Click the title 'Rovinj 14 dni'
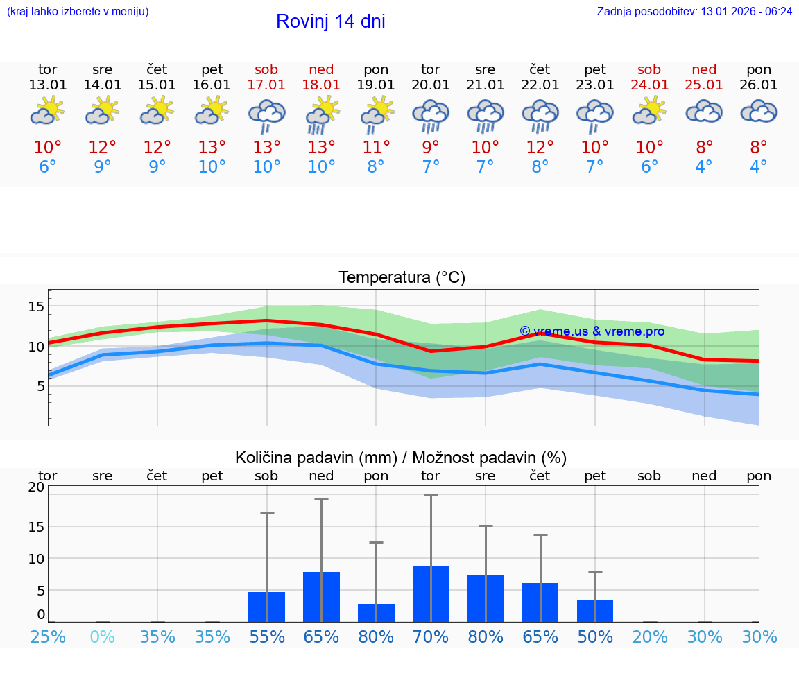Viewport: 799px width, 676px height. [330, 21]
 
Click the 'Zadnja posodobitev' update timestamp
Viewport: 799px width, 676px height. [694, 12]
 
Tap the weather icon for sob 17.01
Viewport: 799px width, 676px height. [267, 114]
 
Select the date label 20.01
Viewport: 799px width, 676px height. [430, 85]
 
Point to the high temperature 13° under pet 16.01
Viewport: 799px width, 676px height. [212, 148]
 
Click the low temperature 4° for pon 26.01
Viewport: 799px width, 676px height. [759, 167]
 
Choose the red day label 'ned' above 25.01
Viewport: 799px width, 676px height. [704, 69]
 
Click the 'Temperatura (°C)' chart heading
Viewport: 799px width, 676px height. [402, 278]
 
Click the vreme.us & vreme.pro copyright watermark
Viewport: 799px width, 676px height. [592, 331]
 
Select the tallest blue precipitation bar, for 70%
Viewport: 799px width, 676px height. [430, 593]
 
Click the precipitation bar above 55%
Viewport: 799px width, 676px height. [267, 607]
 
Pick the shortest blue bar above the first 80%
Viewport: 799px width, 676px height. [376, 613]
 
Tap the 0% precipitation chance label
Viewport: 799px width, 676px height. [103, 636]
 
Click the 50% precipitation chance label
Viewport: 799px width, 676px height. [595, 636]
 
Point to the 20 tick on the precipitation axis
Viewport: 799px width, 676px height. [36, 487]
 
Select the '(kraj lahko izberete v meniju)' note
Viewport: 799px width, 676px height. [78, 12]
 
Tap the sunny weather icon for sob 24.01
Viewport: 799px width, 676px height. [649, 111]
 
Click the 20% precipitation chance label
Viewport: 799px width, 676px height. [649, 636]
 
